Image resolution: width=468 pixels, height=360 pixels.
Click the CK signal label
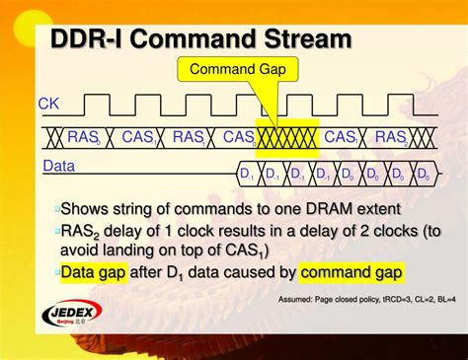[48, 103]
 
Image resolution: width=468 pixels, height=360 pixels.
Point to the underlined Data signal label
[58, 166]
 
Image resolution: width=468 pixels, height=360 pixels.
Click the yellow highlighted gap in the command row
[286, 137]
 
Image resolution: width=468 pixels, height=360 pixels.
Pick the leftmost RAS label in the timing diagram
[82, 137]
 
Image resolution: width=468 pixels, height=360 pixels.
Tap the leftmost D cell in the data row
[248, 176]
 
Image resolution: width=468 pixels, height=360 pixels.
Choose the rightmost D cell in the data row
[423, 176]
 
